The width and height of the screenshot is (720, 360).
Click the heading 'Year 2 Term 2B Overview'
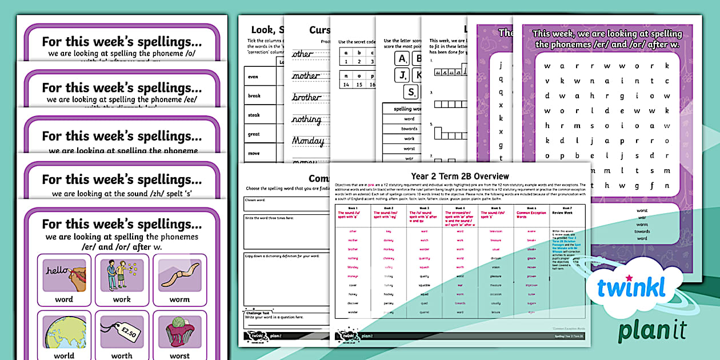tap(460, 176)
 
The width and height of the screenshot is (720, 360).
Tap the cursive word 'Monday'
tap(308, 141)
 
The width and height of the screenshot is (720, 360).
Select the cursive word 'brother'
tap(306, 97)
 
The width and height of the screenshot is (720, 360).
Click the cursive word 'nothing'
tap(306, 119)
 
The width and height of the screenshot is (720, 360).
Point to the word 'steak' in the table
tap(254, 115)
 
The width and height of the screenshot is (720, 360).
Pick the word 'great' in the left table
tap(254, 134)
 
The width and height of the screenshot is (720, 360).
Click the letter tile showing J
tap(402, 75)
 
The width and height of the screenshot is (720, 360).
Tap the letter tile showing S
tap(410, 92)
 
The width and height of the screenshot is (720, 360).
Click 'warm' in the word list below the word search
tap(642, 225)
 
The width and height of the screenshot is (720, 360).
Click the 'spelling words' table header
tap(407, 109)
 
